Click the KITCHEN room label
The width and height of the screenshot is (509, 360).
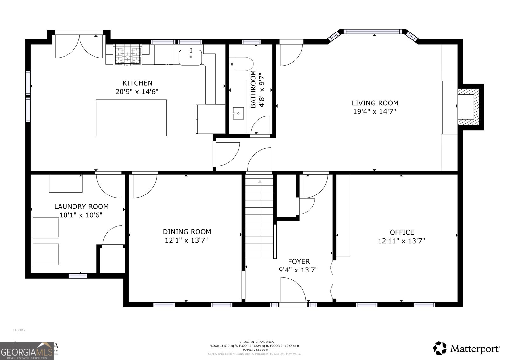coord(137,83)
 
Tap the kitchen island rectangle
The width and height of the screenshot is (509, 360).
coord(131,118)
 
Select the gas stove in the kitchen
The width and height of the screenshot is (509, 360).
coord(128,56)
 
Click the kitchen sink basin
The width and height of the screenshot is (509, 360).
coord(190,57)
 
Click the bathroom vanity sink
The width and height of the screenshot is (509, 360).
coord(238,113)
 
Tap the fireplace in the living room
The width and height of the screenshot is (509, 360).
coord(470,107)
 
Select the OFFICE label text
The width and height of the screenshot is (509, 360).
coord(402,232)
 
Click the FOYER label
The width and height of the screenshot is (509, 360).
coord(299,262)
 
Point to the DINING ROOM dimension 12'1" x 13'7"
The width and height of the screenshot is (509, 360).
coord(186,240)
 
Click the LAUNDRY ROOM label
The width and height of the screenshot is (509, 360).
coord(81,207)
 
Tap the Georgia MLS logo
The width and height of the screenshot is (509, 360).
coord(27,351)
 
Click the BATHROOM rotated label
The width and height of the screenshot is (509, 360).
coord(253,89)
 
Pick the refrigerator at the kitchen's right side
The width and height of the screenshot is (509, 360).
coord(210,119)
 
